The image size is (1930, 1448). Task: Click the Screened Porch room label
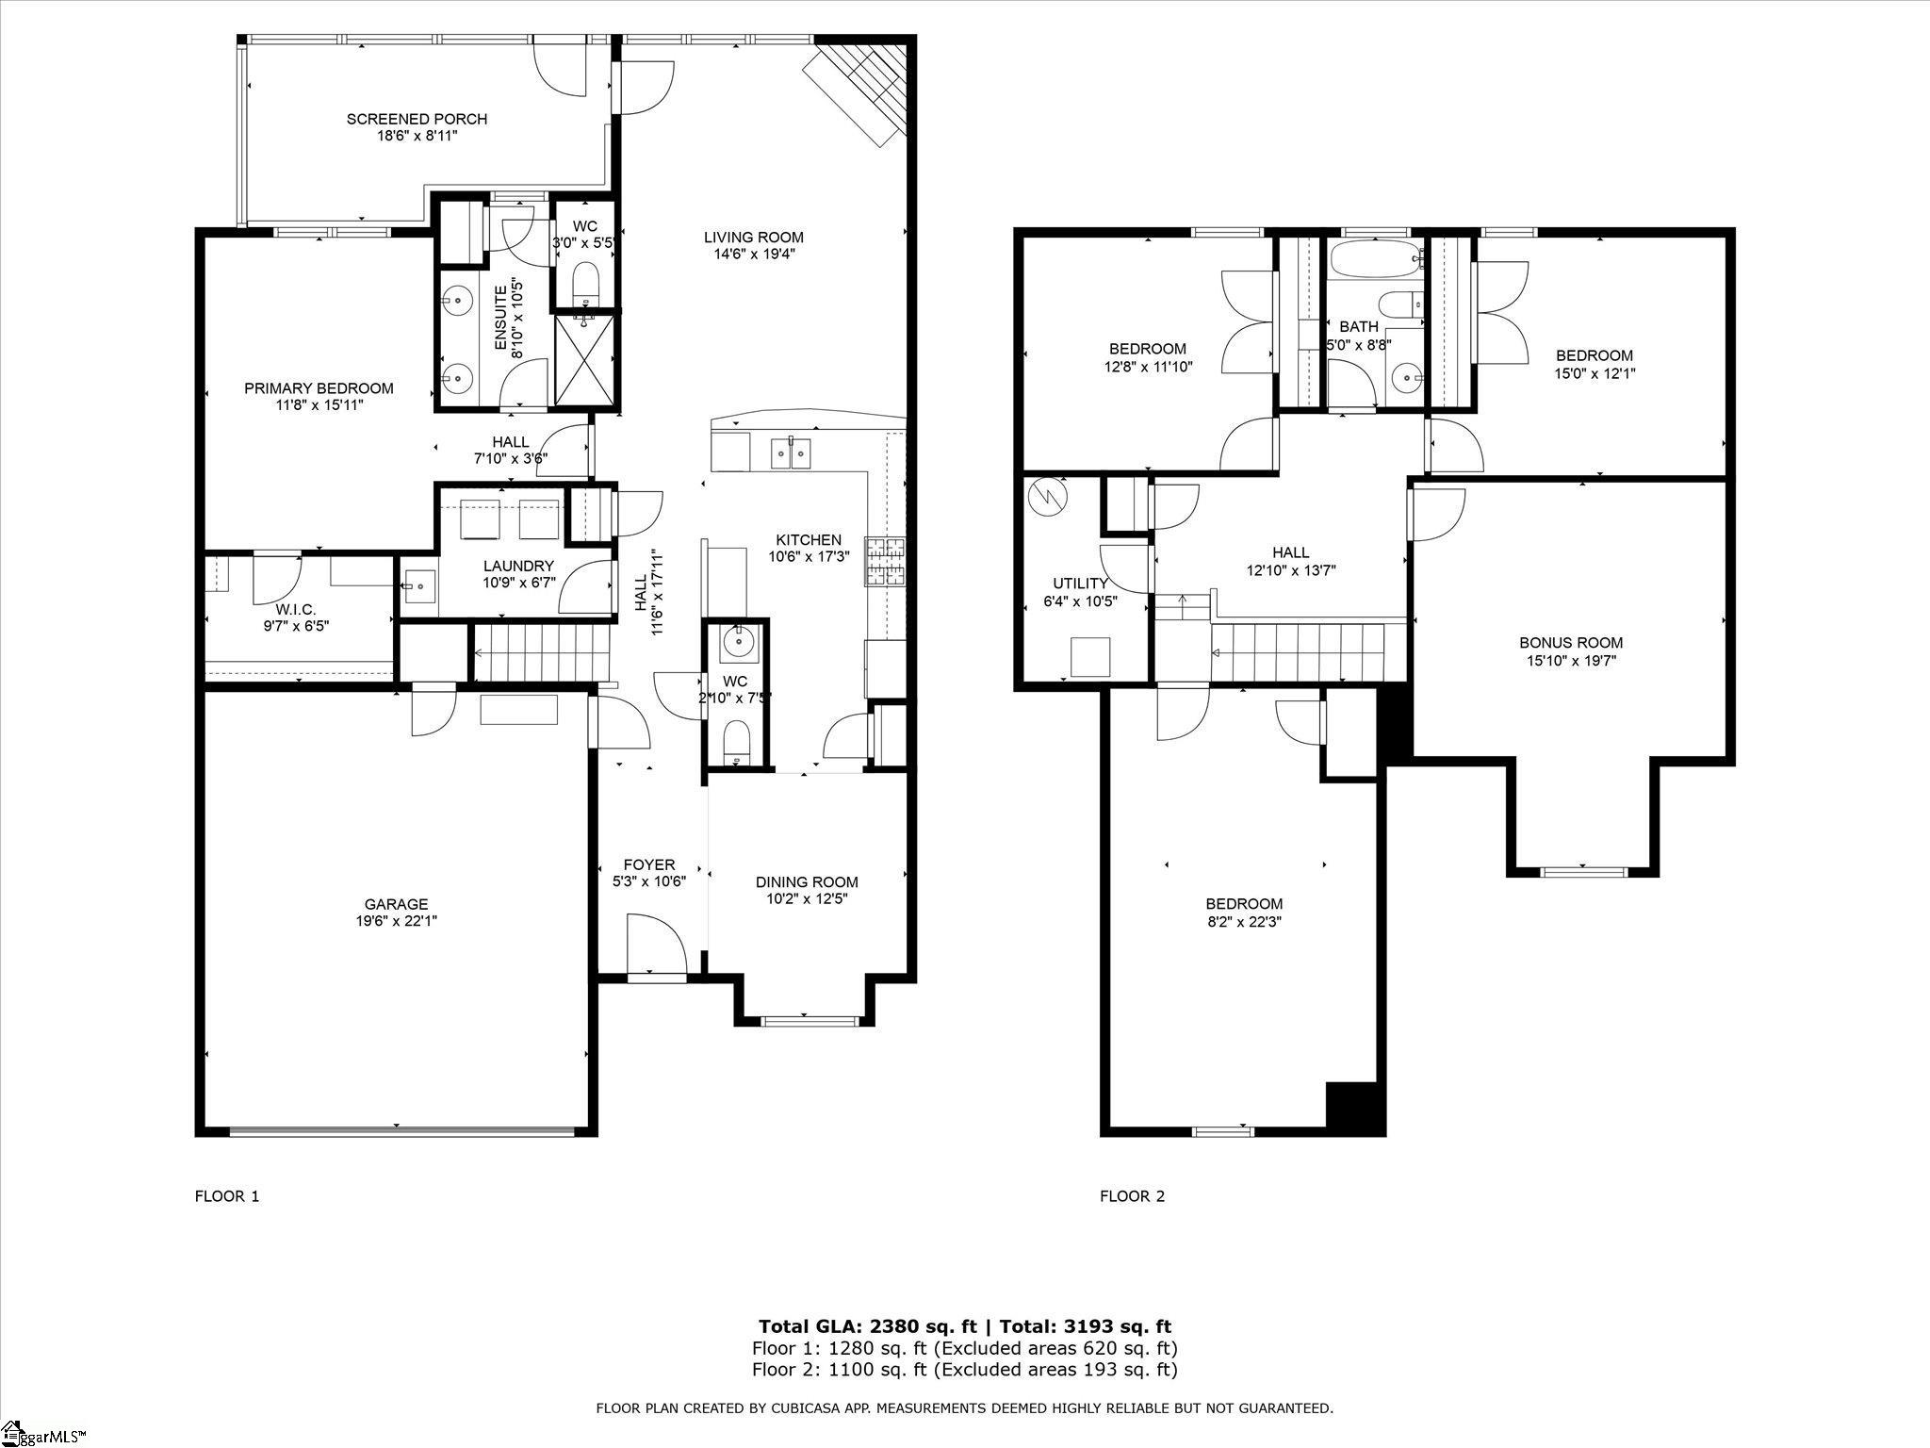(x=417, y=119)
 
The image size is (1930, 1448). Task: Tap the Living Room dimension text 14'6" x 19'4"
(x=754, y=254)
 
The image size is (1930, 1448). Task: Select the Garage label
(x=397, y=904)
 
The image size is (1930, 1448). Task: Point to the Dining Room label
(x=807, y=882)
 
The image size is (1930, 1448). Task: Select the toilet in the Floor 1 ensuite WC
(x=585, y=283)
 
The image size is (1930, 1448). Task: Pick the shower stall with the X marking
(x=584, y=359)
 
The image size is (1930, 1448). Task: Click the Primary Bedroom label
(x=319, y=388)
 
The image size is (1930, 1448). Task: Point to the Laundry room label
(x=518, y=566)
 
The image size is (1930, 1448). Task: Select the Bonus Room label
(x=1571, y=643)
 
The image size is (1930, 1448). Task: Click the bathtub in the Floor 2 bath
(x=1375, y=259)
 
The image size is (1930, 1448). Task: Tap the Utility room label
(x=1080, y=584)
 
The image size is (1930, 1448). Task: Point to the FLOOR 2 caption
(x=1132, y=1196)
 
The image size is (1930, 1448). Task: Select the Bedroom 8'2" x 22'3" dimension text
(x=1243, y=921)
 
